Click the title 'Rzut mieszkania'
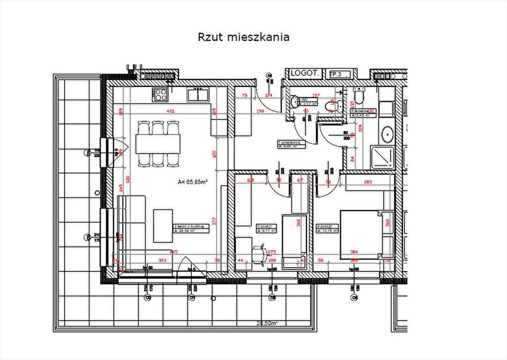click(x=243, y=37)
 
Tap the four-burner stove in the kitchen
click(x=160, y=95)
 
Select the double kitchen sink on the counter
click(x=197, y=95)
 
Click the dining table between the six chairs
click(x=158, y=143)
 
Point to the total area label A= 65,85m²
click(x=192, y=182)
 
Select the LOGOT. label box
click(x=305, y=73)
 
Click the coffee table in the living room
click(x=163, y=225)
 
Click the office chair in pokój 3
click(x=259, y=253)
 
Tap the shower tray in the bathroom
click(x=383, y=157)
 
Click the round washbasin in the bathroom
click(x=387, y=134)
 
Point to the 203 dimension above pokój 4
click(x=367, y=182)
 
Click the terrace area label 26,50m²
click(x=267, y=322)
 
